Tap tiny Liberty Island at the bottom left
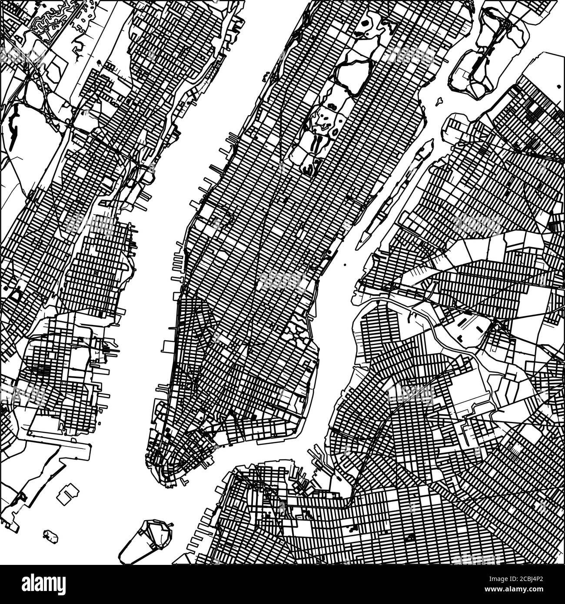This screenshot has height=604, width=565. [51, 535]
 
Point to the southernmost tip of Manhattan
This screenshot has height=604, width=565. [167, 485]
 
